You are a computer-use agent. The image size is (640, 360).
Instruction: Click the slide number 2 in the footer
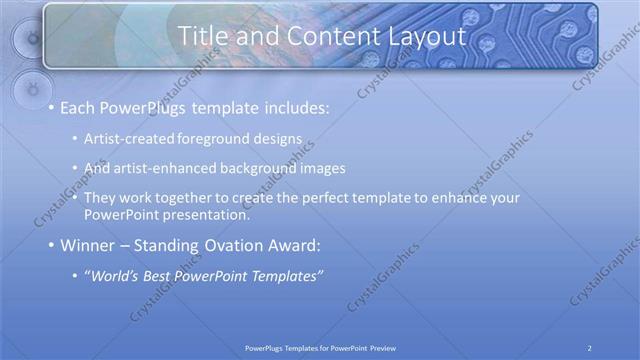pyautogui.click(x=590, y=347)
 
